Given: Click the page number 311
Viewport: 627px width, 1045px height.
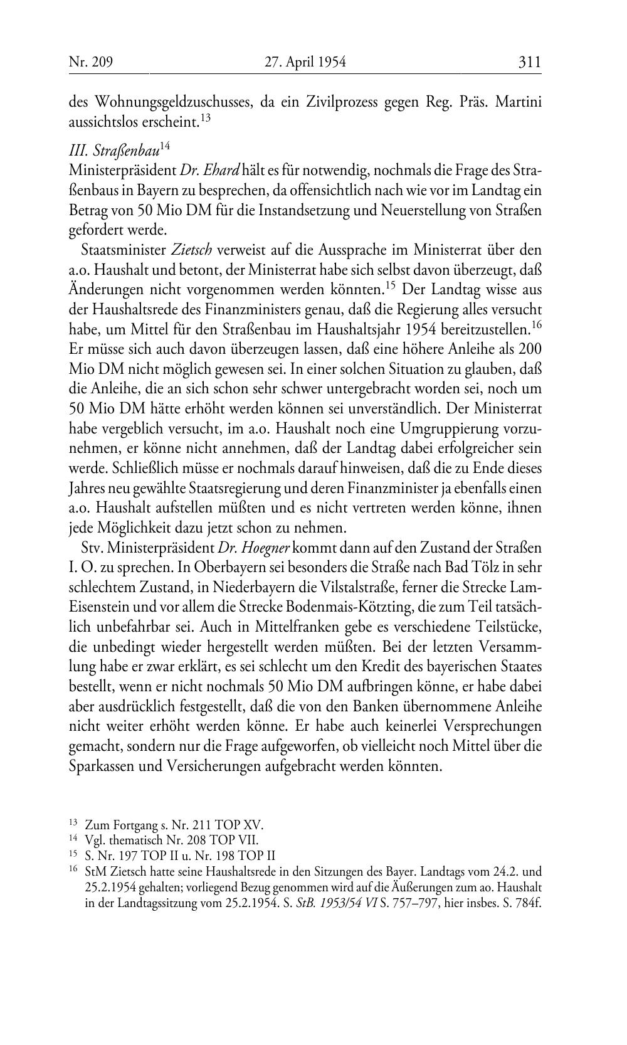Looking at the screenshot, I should click(529, 62).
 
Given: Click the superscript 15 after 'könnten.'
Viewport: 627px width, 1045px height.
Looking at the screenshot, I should click(390, 287).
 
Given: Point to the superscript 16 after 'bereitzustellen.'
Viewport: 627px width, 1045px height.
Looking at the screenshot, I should click(535, 325).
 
